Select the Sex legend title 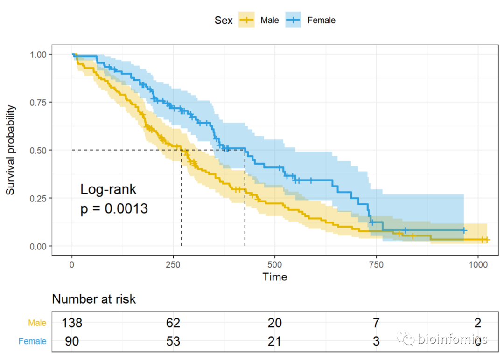224,21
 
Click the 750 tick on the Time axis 376,264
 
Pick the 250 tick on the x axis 173,264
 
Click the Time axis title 275,277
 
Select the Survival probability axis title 11,150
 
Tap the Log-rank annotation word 108,189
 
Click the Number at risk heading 94,299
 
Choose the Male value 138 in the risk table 72,323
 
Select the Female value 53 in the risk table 173,341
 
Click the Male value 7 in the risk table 376,323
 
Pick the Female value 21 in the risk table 275,341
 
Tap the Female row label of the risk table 33,341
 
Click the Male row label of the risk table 37,323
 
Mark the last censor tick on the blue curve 464,230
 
